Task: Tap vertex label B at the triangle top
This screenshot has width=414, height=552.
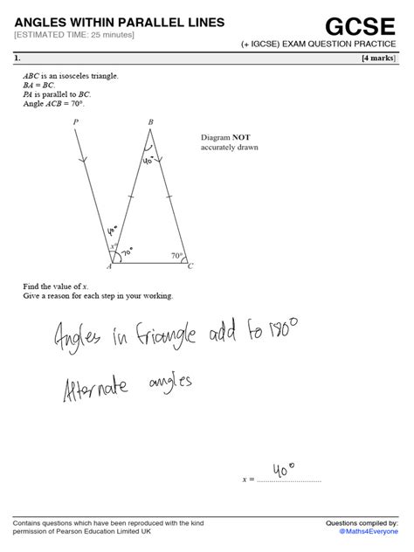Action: coord(151,121)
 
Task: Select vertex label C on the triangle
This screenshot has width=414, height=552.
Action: coord(190,266)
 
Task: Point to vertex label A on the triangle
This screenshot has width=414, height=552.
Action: coord(108,266)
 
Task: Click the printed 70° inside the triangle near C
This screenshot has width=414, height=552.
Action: coord(176,256)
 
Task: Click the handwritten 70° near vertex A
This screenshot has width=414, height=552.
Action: coord(127,252)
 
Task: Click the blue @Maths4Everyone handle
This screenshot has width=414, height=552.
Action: coord(368,531)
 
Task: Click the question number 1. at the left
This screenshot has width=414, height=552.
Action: coord(17,59)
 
